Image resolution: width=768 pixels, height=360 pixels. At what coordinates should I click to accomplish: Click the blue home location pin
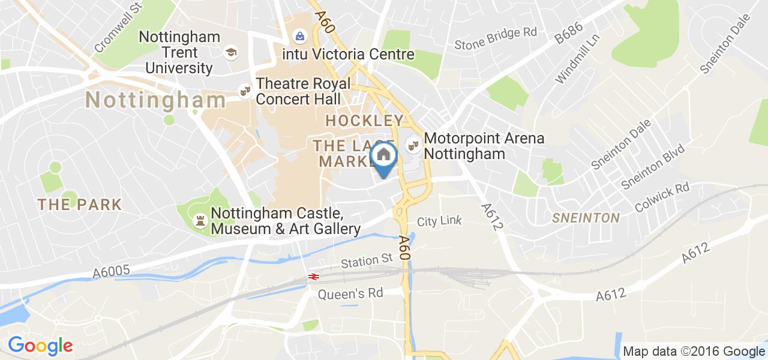pyautogui.click(x=384, y=158)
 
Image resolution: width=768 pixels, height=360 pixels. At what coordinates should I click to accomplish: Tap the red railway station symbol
pyautogui.click(x=313, y=276)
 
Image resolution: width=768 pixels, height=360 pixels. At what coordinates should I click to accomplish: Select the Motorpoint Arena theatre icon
pyautogui.click(x=412, y=145)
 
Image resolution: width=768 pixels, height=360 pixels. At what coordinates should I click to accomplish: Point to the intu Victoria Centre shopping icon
pyautogui.click(x=299, y=37)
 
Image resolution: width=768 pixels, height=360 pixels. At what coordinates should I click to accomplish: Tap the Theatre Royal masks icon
pyautogui.click(x=244, y=91)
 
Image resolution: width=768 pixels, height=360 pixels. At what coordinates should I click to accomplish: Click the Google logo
pyautogui.click(x=40, y=346)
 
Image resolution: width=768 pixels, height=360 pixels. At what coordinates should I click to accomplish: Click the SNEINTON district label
pyautogui.click(x=586, y=218)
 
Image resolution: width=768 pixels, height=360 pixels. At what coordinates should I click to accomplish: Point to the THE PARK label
pyautogui.click(x=79, y=205)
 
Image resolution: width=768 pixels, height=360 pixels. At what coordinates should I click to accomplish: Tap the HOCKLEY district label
pyautogui.click(x=364, y=121)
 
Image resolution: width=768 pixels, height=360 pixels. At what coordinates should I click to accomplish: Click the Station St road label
pyautogui.click(x=366, y=261)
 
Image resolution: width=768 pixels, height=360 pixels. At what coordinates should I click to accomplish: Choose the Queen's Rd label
pyautogui.click(x=350, y=293)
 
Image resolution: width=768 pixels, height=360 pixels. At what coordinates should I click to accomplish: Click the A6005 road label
pyautogui.click(x=112, y=272)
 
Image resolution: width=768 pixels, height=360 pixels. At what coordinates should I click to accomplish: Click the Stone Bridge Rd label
pyautogui.click(x=496, y=40)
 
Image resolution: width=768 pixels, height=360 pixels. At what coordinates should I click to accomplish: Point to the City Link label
pyautogui.click(x=439, y=221)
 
